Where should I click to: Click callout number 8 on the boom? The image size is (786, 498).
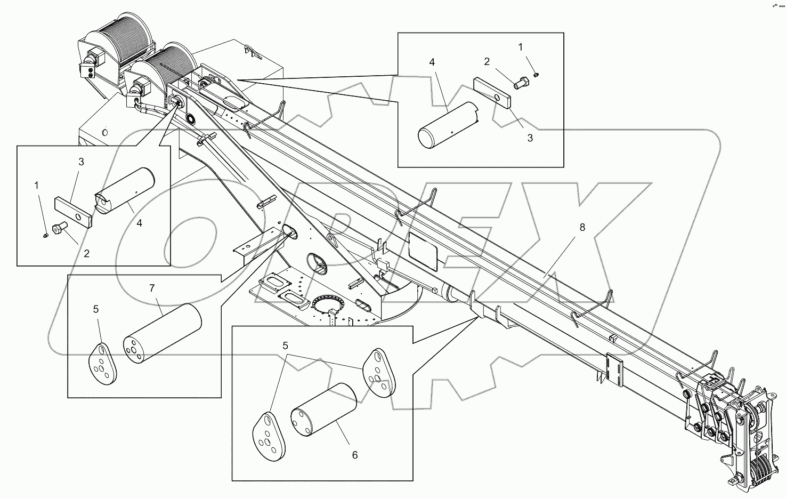pyautogui.click(x=582, y=227)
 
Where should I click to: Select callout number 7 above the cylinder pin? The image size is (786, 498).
pyautogui.click(x=152, y=288)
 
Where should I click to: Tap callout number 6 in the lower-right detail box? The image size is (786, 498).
pyautogui.click(x=354, y=455)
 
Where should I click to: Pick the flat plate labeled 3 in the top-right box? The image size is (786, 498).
pyautogui.click(x=492, y=93)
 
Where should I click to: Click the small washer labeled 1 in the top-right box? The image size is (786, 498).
pyautogui.click(x=537, y=74)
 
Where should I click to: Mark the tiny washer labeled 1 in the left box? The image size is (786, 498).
pyautogui.click(x=46, y=235)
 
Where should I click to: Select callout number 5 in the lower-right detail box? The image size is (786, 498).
pyautogui.click(x=286, y=346)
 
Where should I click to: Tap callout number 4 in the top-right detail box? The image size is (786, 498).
pyautogui.click(x=432, y=62)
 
